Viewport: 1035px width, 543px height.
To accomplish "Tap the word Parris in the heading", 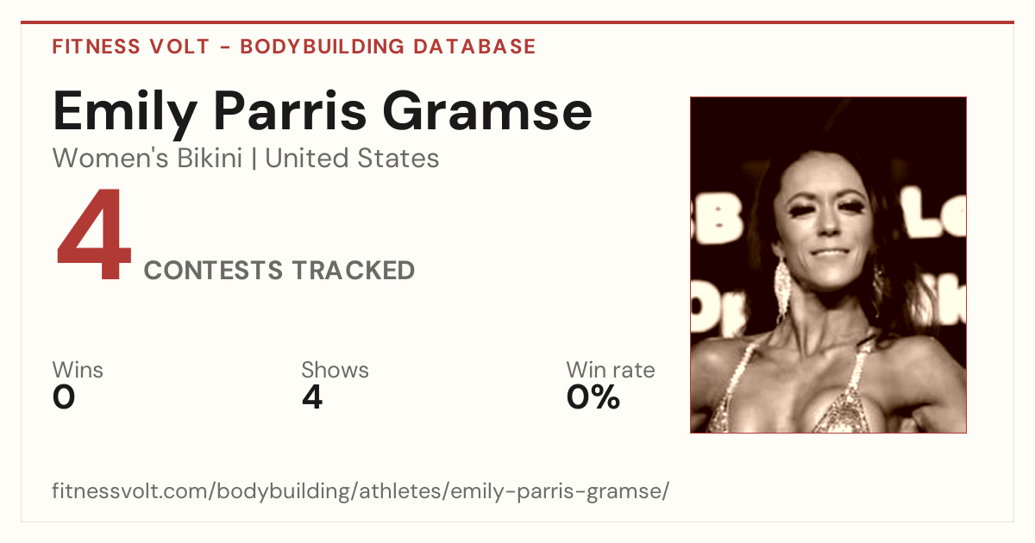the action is pos(290,111).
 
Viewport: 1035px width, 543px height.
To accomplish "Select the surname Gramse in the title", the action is pos(487,111).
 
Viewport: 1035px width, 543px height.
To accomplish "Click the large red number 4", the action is pos(94,234).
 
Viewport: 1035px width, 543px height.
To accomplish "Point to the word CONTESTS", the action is pos(213,270).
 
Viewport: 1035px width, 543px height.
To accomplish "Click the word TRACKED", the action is pos(354,270).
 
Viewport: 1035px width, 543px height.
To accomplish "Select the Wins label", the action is pos(78,370).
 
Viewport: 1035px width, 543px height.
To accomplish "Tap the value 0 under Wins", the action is pos(64,397).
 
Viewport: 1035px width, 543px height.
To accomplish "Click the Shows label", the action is pos(335,370).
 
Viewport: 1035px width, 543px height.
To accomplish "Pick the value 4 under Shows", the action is pos(312,397).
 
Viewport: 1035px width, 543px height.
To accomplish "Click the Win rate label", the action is pos(611,370).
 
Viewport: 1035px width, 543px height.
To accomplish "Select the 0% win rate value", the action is pos(593,397).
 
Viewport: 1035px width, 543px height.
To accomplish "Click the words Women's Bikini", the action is pos(147,159).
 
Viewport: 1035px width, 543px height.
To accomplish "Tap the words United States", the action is pos(352,159).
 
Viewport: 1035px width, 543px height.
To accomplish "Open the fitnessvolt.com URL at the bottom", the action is pos(361,490).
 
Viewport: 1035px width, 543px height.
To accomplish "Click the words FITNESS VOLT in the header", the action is pos(131,47).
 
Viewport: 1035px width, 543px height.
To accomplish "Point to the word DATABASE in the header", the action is pos(474,47).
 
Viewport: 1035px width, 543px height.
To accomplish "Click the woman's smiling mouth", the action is pos(830,253).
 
